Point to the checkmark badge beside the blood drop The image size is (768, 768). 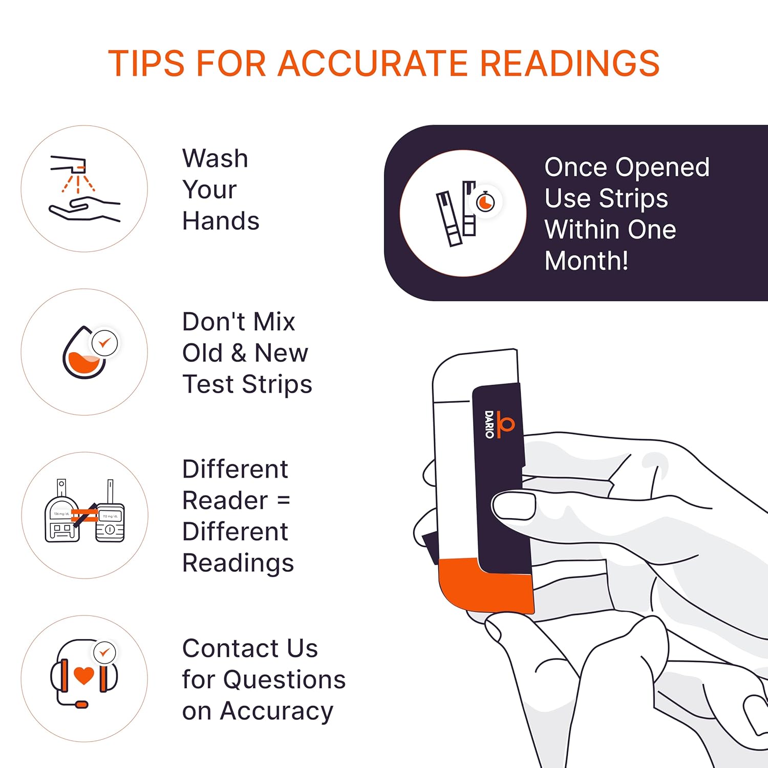pyautogui.click(x=104, y=343)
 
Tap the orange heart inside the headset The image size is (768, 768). pyautogui.click(x=84, y=675)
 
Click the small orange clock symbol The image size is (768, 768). pyautogui.click(x=485, y=202)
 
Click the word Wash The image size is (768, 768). pyautogui.click(x=215, y=158)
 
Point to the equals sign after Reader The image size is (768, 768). pyautogui.click(x=283, y=500)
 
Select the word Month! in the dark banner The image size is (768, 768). pyautogui.click(x=586, y=261)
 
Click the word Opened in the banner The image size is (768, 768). pyautogui.click(x=663, y=168)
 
